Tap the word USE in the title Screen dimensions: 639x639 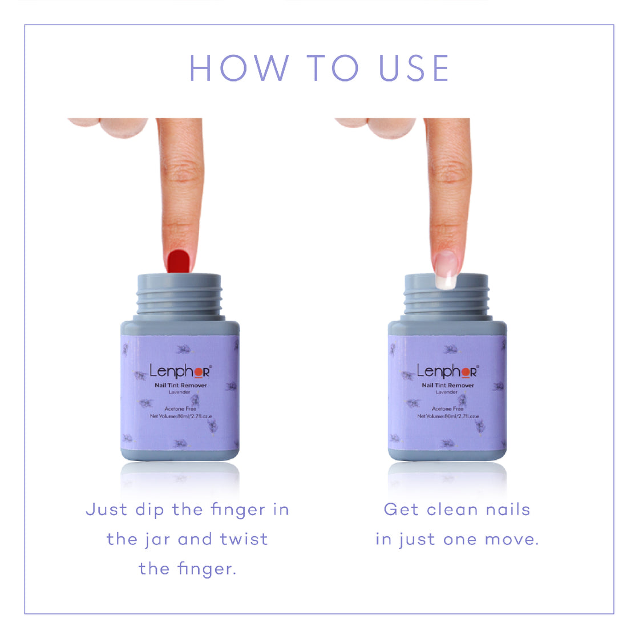(x=414, y=68)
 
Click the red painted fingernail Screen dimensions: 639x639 (x=179, y=261)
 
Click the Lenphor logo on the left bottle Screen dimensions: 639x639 (x=180, y=371)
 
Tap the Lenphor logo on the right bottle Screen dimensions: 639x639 (x=447, y=371)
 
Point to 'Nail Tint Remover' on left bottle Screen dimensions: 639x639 (x=180, y=386)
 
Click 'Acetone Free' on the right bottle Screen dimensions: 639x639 (x=447, y=409)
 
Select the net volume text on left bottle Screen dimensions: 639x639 (x=180, y=416)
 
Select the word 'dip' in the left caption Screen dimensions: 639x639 (x=149, y=509)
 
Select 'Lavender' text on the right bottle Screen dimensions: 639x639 (x=447, y=393)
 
